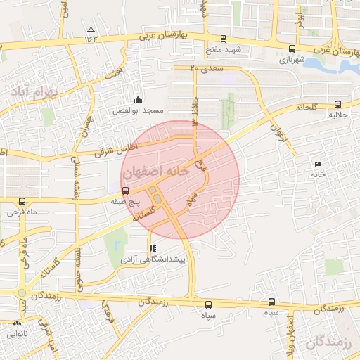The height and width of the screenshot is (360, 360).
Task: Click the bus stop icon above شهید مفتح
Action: click(x=223, y=39)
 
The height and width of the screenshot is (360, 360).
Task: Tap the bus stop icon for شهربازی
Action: click(x=292, y=49)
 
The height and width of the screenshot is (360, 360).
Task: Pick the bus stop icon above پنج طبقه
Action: click(x=126, y=191)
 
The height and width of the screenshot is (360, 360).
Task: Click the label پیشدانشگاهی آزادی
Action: click(x=153, y=260)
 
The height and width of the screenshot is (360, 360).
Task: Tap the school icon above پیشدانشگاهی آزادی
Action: click(x=153, y=248)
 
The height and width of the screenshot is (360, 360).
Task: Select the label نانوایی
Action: click(x=17, y=335)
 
